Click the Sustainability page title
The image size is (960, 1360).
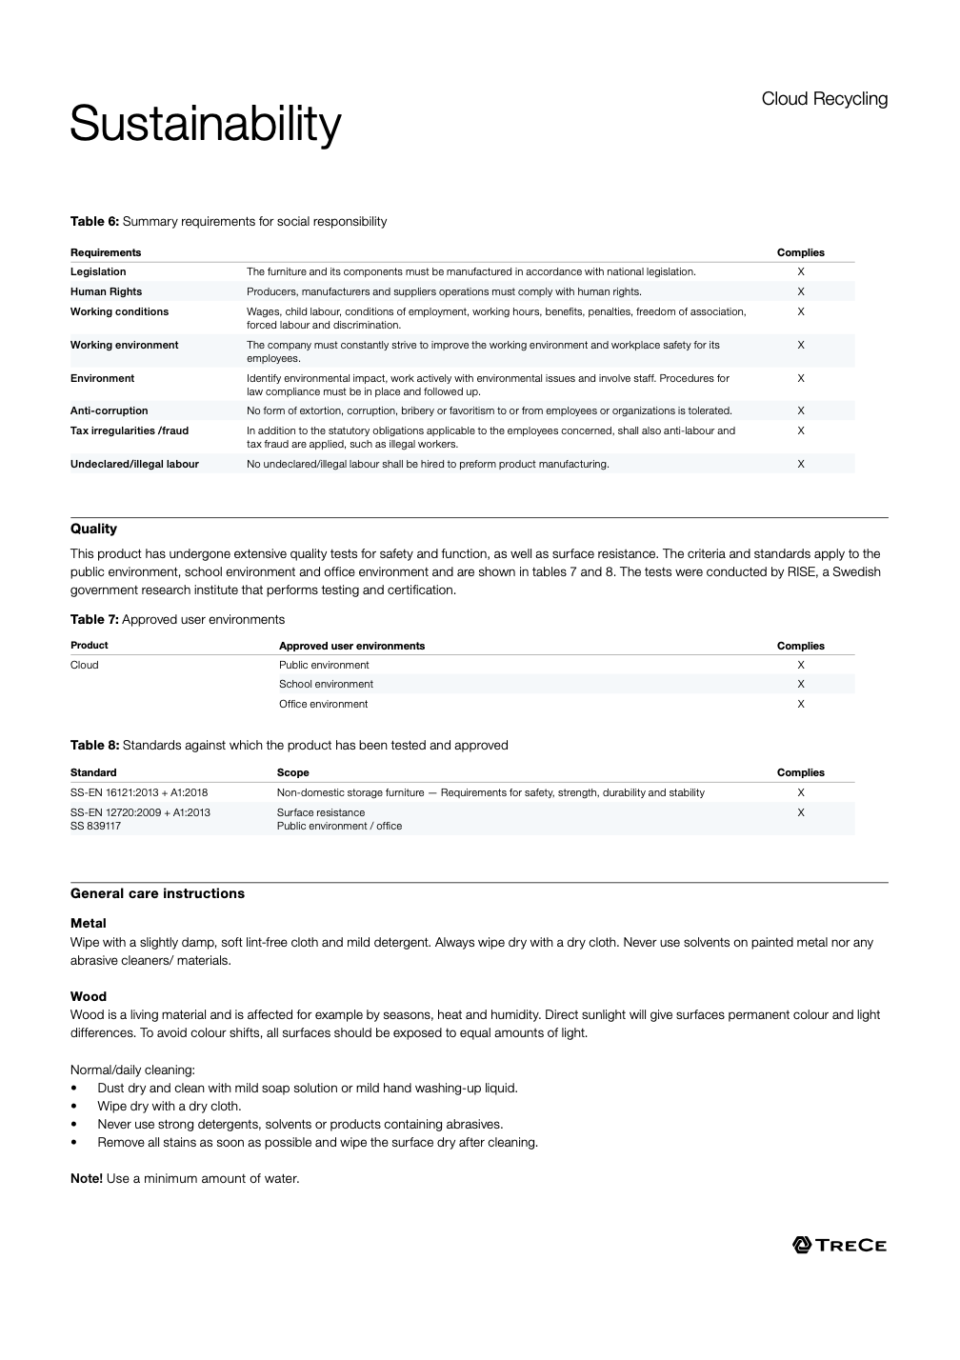click(x=205, y=124)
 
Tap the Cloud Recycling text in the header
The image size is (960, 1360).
click(x=824, y=99)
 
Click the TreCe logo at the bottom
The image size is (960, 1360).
click(x=839, y=1245)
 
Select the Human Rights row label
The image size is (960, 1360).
click(x=106, y=291)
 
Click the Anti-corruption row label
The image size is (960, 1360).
click(x=109, y=411)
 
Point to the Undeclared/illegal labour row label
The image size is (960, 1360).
click(x=134, y=465)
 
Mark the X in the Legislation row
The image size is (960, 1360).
click(x=801, y=272)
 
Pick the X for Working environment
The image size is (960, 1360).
click(x=801, y=346)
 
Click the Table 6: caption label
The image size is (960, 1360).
click(x=94, y=222)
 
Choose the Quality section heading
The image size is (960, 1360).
click(x=93, y=530)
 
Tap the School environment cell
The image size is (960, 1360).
click(x=326, y=685)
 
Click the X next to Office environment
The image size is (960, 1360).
click(x=801, y=705)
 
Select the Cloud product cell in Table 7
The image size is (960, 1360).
click(x=85, y=666)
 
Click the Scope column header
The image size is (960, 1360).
click(x=292, y=773)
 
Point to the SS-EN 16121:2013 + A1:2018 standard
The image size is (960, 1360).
click(x=139, y=793)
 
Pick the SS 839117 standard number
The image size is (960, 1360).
click(x=95, y=827)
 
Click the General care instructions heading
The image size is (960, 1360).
click(x=157, y=894)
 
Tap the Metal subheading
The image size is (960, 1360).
click(x=89, y=924)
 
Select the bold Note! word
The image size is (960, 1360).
click(x=87, y=1179)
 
